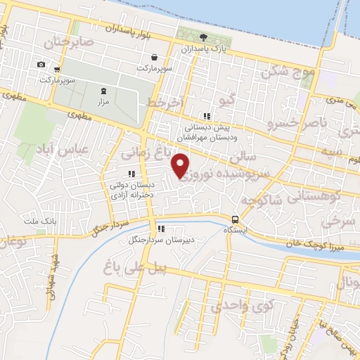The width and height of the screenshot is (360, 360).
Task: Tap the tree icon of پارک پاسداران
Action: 204,38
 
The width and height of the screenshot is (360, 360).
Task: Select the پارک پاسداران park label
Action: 204,51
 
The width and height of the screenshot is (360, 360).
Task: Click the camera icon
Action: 41,65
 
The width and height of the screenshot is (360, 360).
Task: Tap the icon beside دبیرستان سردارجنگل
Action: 161,229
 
